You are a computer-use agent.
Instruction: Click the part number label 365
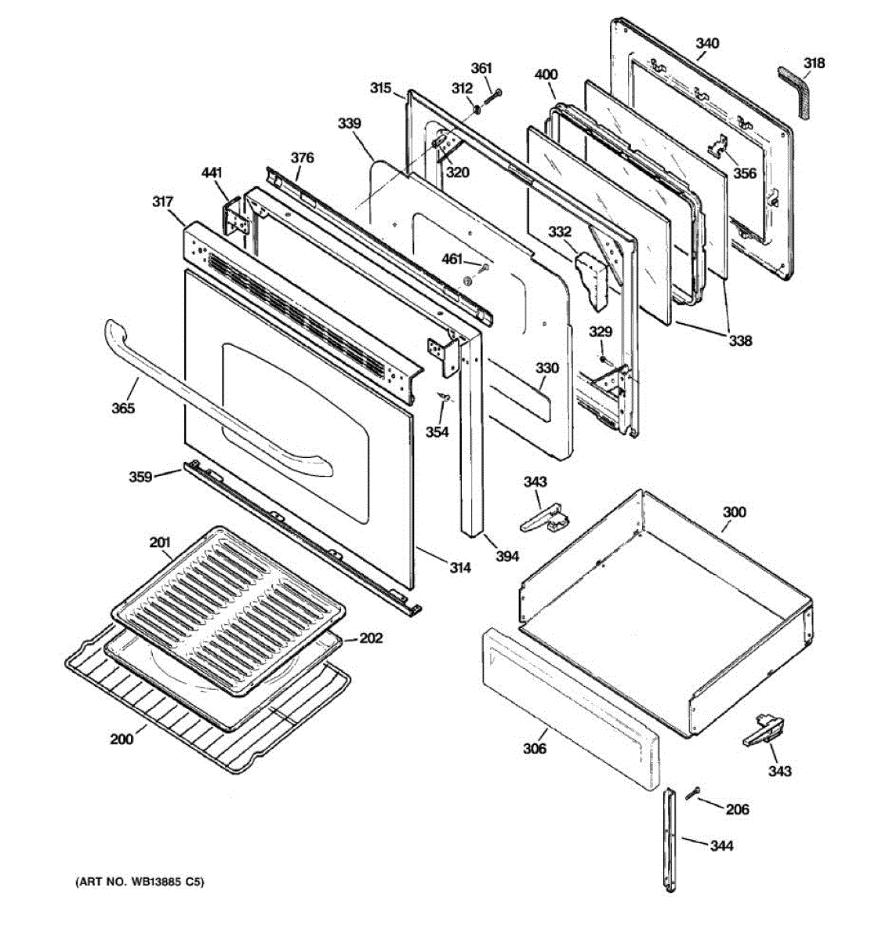(x=122, y=408)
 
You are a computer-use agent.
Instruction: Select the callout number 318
(x=815, y=63)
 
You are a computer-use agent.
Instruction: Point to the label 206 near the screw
(x=737, y=809)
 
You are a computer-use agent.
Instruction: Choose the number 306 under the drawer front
(x=535, y=749)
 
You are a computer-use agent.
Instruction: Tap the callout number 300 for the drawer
(x=734, y=512)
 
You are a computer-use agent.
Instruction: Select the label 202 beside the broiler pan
(x=371, y=638)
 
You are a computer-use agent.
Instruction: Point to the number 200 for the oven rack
(x=122, y=739)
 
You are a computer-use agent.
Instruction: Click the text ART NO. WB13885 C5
(x=139, y=882)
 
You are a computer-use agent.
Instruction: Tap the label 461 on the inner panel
(x=452, y=260)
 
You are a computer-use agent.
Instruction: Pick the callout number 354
(x=437, y=431)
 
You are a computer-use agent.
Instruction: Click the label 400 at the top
(x=546, y=75)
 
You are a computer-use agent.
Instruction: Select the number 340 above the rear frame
(x=707, y=44)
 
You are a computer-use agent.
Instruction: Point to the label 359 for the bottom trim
(x=141, y=475)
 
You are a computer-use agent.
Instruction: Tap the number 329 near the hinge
(x=601, y=332)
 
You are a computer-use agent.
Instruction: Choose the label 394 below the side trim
(x=507, y=556)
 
